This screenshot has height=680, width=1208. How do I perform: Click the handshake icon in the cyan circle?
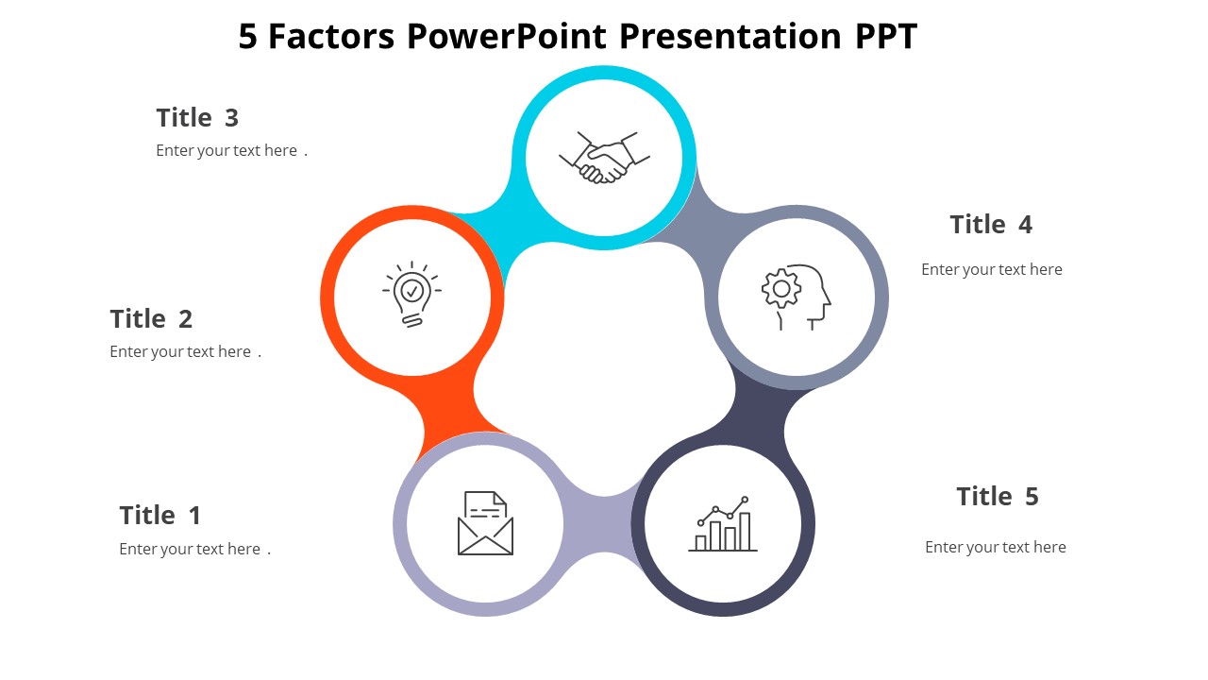(x=604, y=158)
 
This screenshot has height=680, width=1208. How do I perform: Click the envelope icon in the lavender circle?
(x=485, y=523)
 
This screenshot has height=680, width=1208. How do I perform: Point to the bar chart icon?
(x=723, y=524)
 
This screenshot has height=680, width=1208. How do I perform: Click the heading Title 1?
(x=159, y=516)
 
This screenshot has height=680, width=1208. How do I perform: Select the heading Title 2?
(x=151, y=319)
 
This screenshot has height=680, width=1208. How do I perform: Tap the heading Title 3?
(x=197, y=118)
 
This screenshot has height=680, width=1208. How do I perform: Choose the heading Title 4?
(x=991, y=225)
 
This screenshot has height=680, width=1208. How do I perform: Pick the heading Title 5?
(x=997, y=497)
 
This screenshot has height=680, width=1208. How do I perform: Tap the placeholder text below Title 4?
(x=991, y=270)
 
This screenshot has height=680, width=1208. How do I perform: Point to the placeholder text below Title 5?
(x=995, y=548)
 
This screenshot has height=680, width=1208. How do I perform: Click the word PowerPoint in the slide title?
(x=508, y=37)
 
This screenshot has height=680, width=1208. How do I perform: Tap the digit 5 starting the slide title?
(x=247, y=37)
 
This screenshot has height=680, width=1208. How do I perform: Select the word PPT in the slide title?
(x=885, y=37)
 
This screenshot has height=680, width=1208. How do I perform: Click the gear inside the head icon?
(x=781, y=288)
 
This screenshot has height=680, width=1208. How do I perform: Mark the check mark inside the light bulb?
(x=411, y=290)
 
